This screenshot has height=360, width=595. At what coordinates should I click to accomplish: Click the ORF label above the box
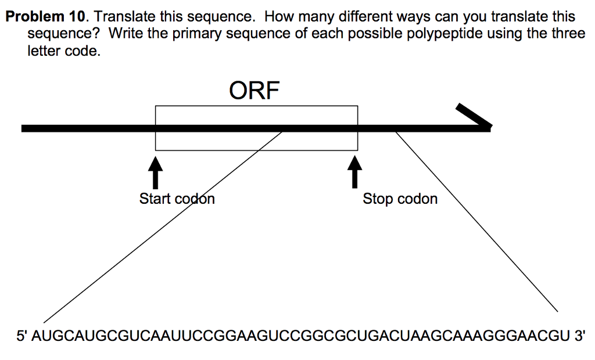pyautogui.click(x=255, y=91)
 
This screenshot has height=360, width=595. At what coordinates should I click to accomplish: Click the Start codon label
pyautogui.click(x=177, y=199)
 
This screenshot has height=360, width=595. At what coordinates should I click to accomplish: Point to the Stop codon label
pyautogui.click(x=400, y=199)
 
